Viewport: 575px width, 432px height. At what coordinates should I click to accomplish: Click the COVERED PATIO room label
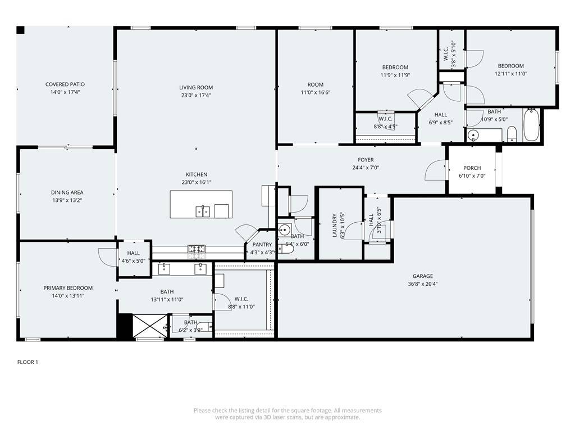(x=65, y=84)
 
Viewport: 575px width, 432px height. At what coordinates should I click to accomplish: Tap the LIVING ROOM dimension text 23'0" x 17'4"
(x=196, y=96)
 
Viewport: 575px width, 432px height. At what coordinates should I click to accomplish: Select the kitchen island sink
(x=203, y=211)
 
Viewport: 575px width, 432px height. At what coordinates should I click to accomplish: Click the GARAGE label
(x=423, y=276)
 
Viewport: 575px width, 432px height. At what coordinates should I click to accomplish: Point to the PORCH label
(x=472, y=168)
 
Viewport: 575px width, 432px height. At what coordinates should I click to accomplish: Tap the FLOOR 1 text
(x=28, y=362)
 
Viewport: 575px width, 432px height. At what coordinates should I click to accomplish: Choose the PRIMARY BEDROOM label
(x=68, y=288)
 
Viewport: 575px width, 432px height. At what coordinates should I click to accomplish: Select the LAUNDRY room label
(x=335, y=225)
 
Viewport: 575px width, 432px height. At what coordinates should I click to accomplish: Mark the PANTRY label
(x=262, y=245)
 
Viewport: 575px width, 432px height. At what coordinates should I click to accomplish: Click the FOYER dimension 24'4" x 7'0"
(x=362, y=168)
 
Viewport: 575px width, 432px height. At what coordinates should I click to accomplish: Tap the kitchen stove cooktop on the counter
(x=197, y=248)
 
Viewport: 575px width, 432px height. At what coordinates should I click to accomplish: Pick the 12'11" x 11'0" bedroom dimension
(x=510, y=74)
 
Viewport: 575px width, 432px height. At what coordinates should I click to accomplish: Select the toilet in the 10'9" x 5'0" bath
(x=512, y=134)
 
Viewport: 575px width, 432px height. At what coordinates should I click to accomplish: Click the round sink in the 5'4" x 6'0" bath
(x=284, y=229)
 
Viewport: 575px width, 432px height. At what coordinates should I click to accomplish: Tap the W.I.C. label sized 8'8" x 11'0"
(x=241, y=299)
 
